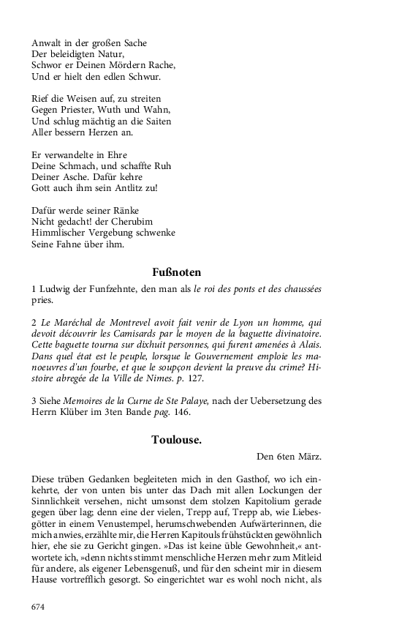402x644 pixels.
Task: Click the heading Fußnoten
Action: tap(176, 273)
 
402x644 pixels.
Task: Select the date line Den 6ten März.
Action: tap(289, 457)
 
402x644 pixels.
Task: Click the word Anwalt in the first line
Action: tap(48, 42)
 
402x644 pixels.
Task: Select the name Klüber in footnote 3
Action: tap(77, 412)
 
